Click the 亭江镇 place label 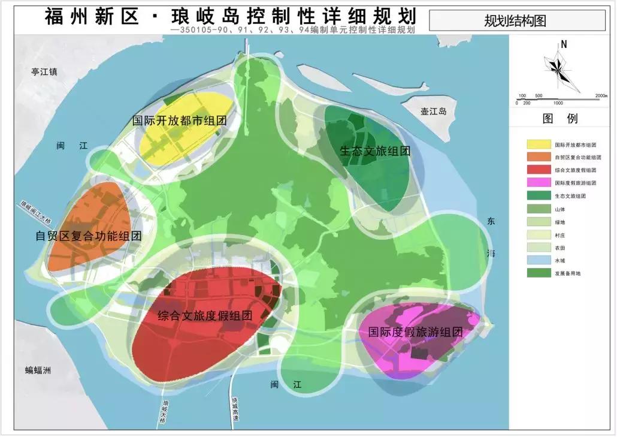pyautogui.click(x=44, y=72)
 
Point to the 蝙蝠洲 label pyautogui.click(x=38, y=370)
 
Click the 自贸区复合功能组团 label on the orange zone pyautogui.click(x=89, y=236)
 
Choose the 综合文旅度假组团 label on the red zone pyautogui.click(x=204, y=316)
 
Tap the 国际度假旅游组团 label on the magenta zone pyautogui.click(x=416, y=332)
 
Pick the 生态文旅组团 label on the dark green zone pyautogui.click(x=375, y=151)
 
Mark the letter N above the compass pyautogui.click(x=564, y=44)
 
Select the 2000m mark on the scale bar pyautogui.click(x=601, y=96)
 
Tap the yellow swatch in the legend pyautogui.click(x=539, y=144)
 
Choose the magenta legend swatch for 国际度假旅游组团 pyautogui.click(x=539, y=182)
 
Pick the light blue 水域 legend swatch pyautogui.click(x=539, y=260)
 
